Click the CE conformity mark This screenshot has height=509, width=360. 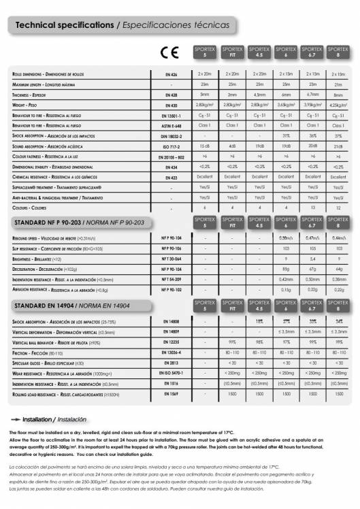168,53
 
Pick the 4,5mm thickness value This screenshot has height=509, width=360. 259,94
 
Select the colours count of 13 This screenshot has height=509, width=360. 312,207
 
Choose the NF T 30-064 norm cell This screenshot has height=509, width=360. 171,259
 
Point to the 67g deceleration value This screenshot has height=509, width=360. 312,269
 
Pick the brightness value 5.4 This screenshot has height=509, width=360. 312,259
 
